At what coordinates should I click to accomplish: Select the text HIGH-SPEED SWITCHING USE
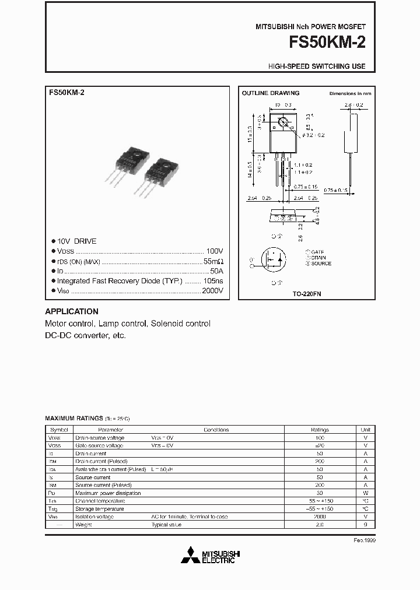[317, 66]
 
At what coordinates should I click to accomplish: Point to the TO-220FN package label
[307, 294]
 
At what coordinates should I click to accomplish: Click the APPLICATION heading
[72, 311]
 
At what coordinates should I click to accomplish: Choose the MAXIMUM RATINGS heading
[73, 419]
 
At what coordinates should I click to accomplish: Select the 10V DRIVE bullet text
[76, 241]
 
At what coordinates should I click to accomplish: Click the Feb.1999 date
[365, 540]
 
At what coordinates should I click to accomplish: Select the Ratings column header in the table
[319, 429]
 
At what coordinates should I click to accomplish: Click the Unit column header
[365, 429]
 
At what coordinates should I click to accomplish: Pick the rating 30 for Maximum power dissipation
[319, 493]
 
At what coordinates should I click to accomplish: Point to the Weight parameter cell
[83, 525]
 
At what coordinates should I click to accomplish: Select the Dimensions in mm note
[350, 93]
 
